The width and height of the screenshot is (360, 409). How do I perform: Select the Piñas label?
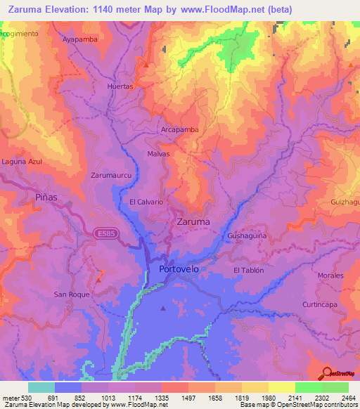[x=46, y=197]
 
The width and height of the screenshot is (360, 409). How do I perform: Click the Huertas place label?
[x=120, y=86]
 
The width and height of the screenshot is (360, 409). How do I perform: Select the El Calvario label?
[x=146, y=202]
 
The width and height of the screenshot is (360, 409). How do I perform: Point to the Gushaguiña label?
[x=246, y=236]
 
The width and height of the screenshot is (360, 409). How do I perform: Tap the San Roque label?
[x=72, y=294]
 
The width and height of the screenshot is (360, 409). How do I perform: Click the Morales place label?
[x=330, y=275]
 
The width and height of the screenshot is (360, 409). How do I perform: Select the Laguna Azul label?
[x=22, y=162]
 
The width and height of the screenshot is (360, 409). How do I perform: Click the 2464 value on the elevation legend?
[x=349, y=398]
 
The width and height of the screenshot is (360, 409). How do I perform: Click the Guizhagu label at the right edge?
[x=345, y=202]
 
